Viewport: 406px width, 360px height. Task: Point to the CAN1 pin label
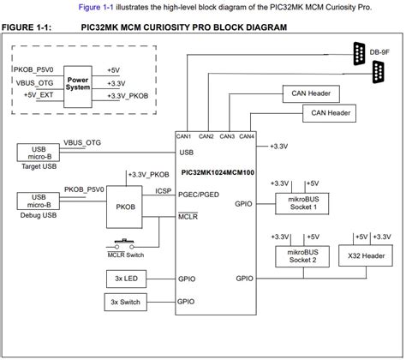tap(184, 136)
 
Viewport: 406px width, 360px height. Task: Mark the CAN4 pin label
tap(247, 136)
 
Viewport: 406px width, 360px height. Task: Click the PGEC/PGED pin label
tap(198, 195)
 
